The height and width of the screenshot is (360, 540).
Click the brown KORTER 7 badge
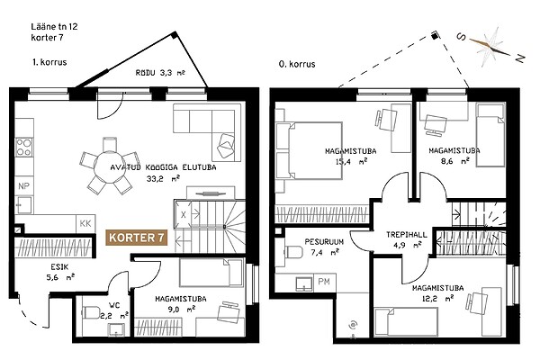coord(137,238)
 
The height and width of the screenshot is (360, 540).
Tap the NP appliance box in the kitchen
coord(23,186)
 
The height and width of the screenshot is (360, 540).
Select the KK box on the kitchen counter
coord(85,223)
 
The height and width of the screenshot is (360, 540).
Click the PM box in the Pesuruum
coord(324,282)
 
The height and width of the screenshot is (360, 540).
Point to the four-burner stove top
coord(24,147)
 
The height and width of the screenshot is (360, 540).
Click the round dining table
coord(110,166)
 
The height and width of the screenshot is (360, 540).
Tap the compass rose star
coord(490,47)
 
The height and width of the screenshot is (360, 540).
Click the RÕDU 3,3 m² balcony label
coord(160,73)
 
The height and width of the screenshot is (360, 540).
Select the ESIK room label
coord(59,266)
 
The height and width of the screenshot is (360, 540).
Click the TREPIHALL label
coord(407,235)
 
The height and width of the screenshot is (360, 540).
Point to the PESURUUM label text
coord(324,242)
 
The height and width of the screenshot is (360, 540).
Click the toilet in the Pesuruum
coord(293,252)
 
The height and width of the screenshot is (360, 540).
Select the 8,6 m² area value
coord(455,160)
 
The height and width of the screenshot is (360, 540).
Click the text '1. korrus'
coord(49,62)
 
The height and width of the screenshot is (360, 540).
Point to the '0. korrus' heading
coord(297,64)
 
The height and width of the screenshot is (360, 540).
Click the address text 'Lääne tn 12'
coord(54,26)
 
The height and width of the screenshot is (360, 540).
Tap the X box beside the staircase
coord(184,214)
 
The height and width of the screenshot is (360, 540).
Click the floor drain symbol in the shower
coord(353,325)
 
